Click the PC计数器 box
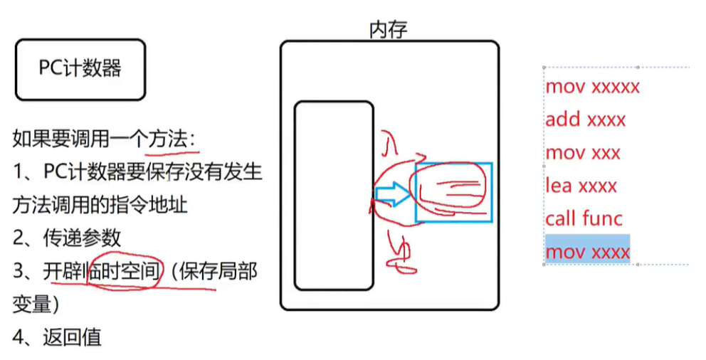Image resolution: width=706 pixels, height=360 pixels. [80, 69]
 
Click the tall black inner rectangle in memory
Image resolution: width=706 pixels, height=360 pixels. [334, 196]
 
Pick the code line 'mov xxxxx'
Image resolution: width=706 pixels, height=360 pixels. [592, 87]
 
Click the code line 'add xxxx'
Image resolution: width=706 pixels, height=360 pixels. [585, 120]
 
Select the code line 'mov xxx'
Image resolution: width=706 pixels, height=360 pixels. [583, 153]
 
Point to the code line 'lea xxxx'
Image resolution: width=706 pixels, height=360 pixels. [581, 186]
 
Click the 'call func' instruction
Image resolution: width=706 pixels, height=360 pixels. [584, 218]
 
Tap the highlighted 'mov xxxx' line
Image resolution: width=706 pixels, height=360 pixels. [587, 252]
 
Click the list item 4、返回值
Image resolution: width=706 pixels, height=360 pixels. [57, 336]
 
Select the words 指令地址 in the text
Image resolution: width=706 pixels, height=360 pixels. [149, 206]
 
